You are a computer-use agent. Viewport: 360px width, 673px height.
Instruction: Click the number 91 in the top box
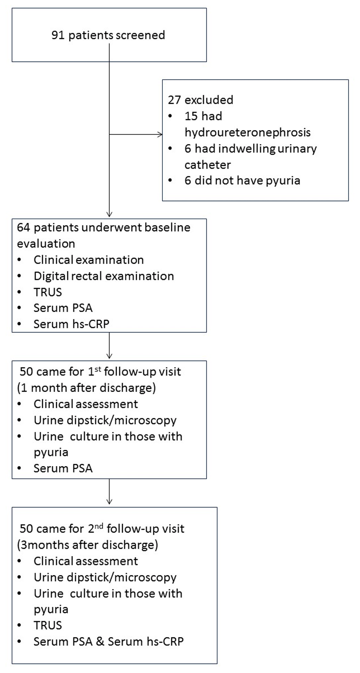(x=58, y=35)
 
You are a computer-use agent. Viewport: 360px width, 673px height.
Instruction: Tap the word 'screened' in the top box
(x=141, y=35)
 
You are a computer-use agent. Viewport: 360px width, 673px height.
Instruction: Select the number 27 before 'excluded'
(x=174, y=100)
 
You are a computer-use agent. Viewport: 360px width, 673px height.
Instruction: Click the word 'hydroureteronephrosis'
(x=248, y=132)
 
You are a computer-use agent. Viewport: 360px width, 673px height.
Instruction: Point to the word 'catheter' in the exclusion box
(x=208, y=165)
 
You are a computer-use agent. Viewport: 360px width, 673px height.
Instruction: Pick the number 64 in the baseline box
(x=23, y=227)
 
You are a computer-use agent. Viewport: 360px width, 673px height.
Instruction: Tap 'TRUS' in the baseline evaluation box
(x=48, y=292)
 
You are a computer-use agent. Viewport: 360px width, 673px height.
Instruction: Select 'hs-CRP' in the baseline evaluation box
(x=91, y=324)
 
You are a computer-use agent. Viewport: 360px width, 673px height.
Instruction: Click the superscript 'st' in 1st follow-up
(x=98, y=369)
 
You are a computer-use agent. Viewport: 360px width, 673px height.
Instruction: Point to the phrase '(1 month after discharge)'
(x=86, y=388)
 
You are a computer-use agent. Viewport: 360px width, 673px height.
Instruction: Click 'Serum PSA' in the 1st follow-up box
(x=63, y=468)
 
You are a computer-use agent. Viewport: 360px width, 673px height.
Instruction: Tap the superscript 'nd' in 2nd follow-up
(x=99, y=526)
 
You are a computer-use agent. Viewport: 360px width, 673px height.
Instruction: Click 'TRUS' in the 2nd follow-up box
(x=48, y=625)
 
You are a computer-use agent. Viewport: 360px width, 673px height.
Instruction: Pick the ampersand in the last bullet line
(x=100, y=641)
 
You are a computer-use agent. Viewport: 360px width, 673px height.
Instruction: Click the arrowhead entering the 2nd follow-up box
(x=109, y=501)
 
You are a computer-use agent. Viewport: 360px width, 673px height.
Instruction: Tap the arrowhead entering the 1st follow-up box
(x=109, y=356)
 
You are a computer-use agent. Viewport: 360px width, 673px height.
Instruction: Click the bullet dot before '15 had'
(x=170, y=116)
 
